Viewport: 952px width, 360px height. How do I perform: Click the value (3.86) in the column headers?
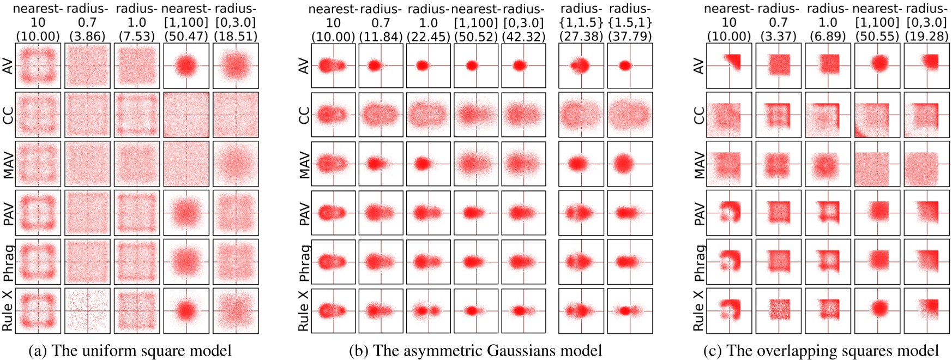(87, 37)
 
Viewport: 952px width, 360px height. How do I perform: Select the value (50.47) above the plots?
(186, 37)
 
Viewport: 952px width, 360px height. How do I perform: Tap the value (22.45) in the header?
(429, 37)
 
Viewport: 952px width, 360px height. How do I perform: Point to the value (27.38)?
(581, 37)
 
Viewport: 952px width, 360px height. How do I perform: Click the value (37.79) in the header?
(630, 37)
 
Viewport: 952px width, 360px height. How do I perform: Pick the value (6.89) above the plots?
(828, 37)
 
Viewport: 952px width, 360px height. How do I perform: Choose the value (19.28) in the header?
(926, 37)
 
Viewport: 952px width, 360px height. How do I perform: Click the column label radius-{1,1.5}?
(581, 16)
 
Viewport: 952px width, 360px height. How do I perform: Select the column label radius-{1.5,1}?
(630, 16)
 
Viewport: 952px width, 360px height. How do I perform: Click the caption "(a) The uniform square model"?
(130, 351)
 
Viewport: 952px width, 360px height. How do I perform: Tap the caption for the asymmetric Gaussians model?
(475, 351)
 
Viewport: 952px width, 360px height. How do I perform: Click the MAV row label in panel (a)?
(8, 164)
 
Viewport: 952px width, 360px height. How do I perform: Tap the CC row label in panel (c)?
(699, 115)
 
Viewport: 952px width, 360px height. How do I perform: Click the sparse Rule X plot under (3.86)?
(87, 311)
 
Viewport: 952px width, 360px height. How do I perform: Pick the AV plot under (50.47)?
(186, 66)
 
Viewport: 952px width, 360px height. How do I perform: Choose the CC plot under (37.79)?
(630, 115)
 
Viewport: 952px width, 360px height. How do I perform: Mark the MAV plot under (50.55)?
(877, 164)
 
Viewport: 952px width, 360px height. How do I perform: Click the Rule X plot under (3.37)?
(778, 311)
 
